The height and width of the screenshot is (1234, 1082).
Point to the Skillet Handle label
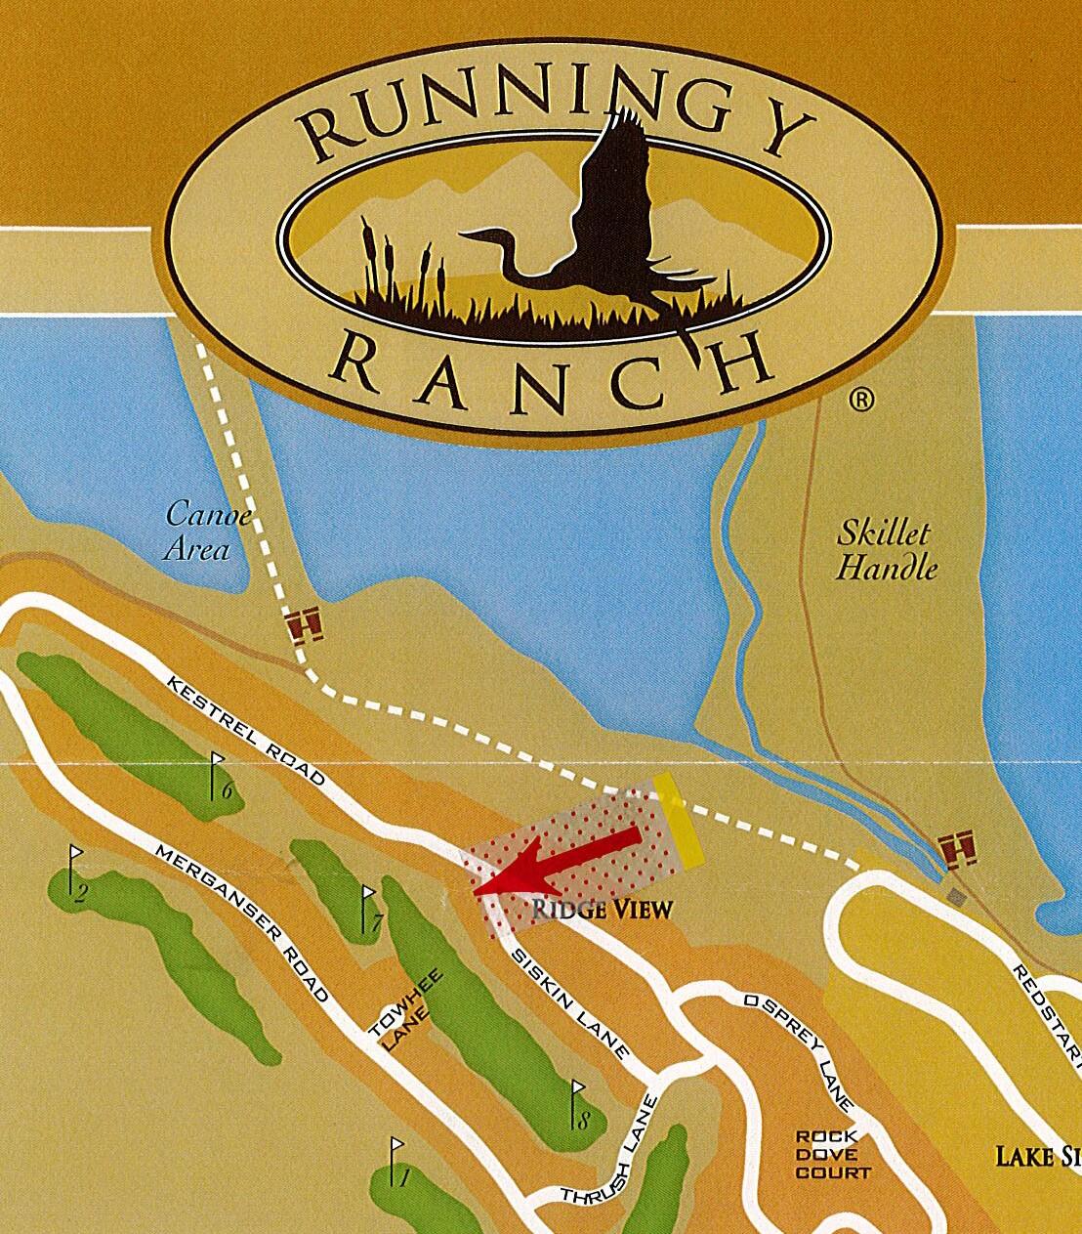tap(885, 550)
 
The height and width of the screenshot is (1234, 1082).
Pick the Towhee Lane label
tap(404, 1010)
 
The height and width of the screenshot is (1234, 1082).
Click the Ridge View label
tap(603, 910)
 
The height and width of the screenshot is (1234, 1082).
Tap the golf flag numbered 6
tap(220, 776)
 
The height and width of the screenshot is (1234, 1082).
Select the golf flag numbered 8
tap(578, 1104)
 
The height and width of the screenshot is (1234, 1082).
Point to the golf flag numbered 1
tap(396, 1163)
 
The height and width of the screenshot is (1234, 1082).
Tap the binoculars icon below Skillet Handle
tap(957, 850)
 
